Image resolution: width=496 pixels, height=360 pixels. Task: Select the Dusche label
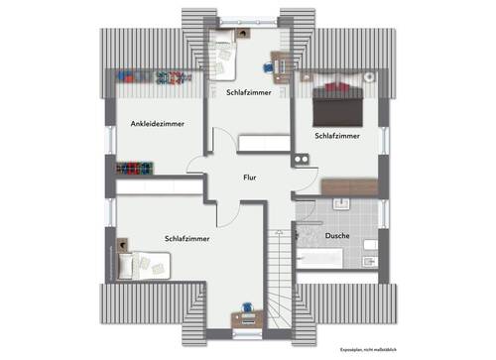click(x=336, y=235)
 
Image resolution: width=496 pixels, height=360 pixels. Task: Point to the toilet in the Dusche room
click(x=371, y=244)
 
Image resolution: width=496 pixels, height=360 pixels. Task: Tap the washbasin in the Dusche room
click(x=343, y=204)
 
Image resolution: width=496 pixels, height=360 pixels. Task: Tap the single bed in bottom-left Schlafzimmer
click(x=145, y=265)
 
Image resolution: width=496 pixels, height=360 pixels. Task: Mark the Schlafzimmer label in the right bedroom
click(x=336, y=135)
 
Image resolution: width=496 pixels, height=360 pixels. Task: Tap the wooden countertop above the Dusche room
click(x=349, y=186)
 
